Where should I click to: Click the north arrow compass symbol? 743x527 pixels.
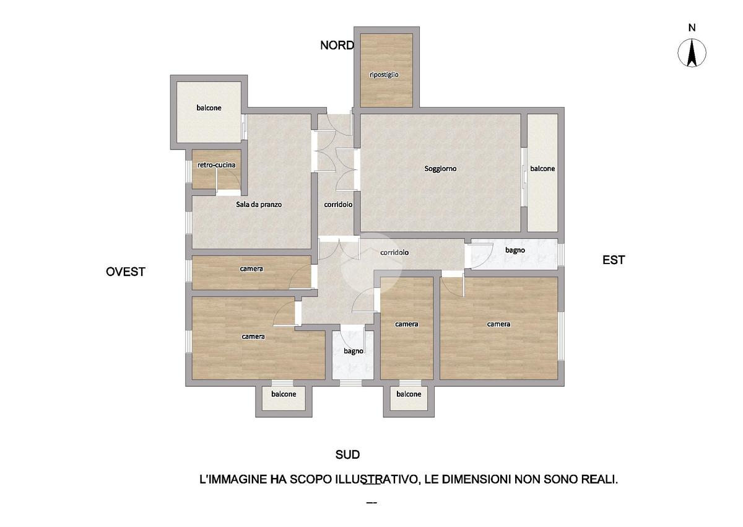pos(692,53)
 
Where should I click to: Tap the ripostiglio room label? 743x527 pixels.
pos(384,75)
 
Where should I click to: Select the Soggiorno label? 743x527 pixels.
pos(440,169)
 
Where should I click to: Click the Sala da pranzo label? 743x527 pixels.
pos(259,204)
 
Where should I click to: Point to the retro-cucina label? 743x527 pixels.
pos(216,165)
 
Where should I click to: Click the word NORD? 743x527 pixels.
pos(337,45)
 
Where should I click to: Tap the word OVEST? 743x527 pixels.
pos(125,272)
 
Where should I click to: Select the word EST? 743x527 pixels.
pos(614,260)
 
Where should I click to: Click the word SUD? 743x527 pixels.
pos(347,454)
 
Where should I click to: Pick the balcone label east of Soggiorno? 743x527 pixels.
pos(542,169)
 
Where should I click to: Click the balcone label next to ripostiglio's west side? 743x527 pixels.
pos(209,108)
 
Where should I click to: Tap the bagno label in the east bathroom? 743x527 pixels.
pos(515,250)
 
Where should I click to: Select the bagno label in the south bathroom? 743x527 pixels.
pos(354,352)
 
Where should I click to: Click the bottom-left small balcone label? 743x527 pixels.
pos(284,394)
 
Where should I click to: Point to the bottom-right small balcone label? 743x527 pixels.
pos(409,394)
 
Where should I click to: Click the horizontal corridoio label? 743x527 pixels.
pos(394,253)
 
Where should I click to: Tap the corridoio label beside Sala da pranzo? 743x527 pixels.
pos(338,205)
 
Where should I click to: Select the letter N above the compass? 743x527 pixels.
pos(692,28)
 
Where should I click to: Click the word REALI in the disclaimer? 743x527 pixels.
pos(599,479)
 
